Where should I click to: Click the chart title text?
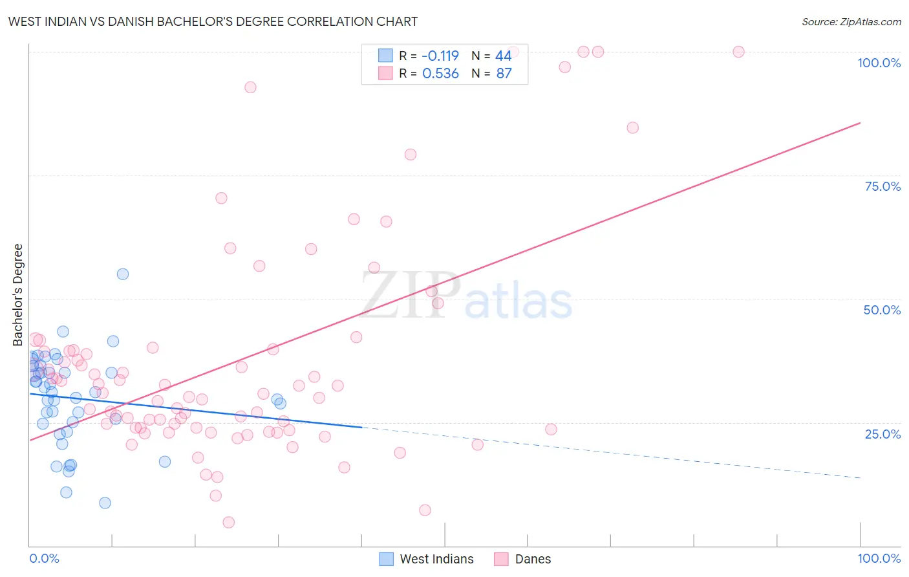pos(213,21)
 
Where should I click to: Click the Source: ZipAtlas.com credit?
pos(851,21)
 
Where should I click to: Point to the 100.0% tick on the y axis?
pos(879,63)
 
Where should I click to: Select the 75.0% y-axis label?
pos(882,186)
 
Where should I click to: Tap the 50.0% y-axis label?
pos(882,310)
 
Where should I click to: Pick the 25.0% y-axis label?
pos(882,433)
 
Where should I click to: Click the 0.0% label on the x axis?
pos(44,558)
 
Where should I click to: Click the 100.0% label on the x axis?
pos(879,558)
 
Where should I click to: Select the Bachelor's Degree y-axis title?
pos(18,295)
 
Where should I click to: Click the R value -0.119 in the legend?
pos(440,56)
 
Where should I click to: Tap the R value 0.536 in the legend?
pos(440,73)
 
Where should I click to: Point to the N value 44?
pos(503,56)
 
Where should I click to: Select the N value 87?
pos(503,73)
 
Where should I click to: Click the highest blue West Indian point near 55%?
pos(123,274)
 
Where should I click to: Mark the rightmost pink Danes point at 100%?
pos(738,52)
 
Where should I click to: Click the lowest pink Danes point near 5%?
pos(228,522)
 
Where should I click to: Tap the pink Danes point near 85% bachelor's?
pos(632,127)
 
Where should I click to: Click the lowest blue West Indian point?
pos(105,503)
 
